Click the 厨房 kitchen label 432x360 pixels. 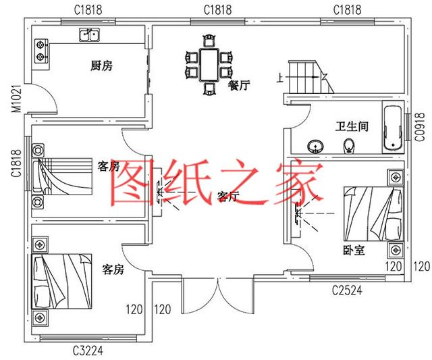[x=101, y=66]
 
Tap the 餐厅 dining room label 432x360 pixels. [x=240, y=85]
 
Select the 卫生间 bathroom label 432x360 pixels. [x=351, y=126]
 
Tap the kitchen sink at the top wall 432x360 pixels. [x=88, y=33]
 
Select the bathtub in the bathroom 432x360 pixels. [x=392, y=127]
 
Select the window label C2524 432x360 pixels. [x=349, y=291]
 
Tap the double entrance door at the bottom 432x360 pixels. [x=216, y=294]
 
